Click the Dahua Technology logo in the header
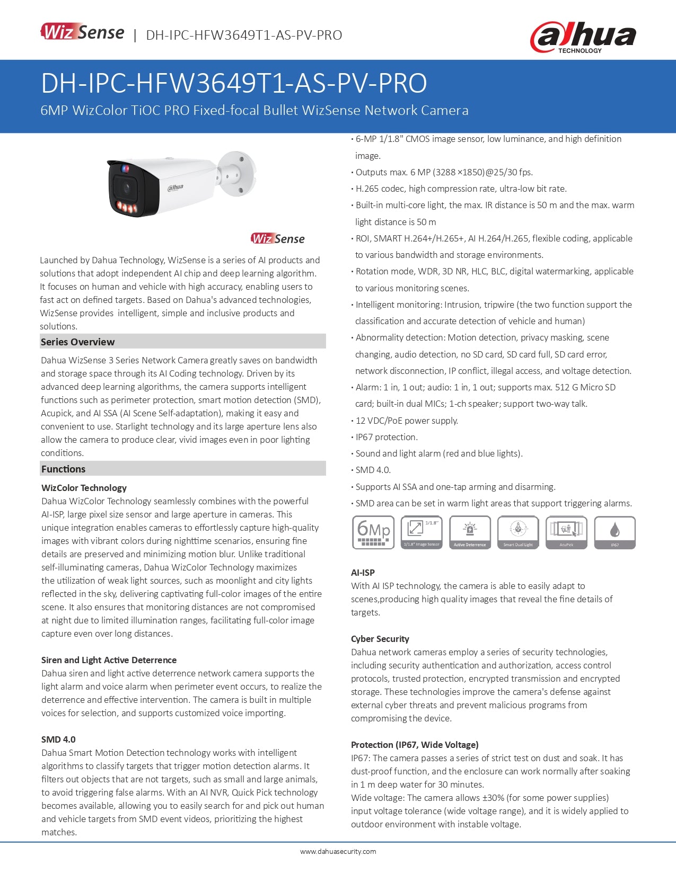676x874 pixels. (x=583, y=37)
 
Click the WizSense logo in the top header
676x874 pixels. (x=83, y=32)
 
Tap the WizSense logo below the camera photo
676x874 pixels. (x=278, y=238)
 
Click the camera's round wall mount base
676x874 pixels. (x=238, y=173)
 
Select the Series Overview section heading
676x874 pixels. (x=78, y=342)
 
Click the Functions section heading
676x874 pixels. (x=64, y=469)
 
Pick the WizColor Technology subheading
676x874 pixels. (x=84, y=488)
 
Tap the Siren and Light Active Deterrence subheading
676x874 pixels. (x=109, y=660)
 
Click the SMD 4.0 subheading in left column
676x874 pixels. (x=58, y=739)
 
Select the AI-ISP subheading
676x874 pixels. (x=363, y=573)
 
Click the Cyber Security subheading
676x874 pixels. (x=380, y=639)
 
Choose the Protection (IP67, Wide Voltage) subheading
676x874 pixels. (x=415, y=745)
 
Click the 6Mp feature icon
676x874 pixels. (x=374, y=532)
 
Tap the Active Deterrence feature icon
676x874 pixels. (x=470, y=532)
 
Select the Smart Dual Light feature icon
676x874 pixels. (x=518, y=532)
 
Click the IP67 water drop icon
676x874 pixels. (x=614, y=532)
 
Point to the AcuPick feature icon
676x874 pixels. (x=566, y=532)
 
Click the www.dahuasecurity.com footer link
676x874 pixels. (x=338, y=852)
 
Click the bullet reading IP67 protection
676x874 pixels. (x=387, y=437)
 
